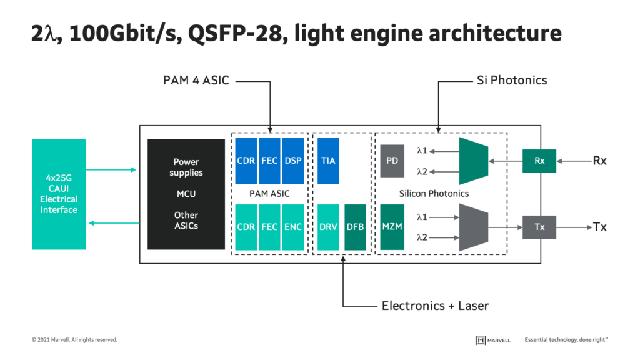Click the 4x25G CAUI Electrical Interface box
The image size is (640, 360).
coord(59,194)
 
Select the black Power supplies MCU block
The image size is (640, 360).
coord(186,194)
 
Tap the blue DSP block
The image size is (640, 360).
coord(293,161)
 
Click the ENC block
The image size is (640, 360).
coord(293,227)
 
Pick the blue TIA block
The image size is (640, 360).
coord(328,161)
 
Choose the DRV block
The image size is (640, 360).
coord(328,227)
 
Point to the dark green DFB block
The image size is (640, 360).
coord(355,227)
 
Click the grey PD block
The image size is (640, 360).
coord(392,161)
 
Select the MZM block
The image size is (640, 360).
coord(392,227)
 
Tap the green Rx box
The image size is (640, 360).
coord(539,161)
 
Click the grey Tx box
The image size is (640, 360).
coord(539,227)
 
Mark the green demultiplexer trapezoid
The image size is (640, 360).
coord(473,161)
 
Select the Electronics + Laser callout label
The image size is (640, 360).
coord(435,306)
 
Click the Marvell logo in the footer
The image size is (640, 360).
coord(493,340)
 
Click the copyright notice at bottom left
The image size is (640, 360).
coord(74,340)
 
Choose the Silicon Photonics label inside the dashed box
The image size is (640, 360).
coord(434,194)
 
